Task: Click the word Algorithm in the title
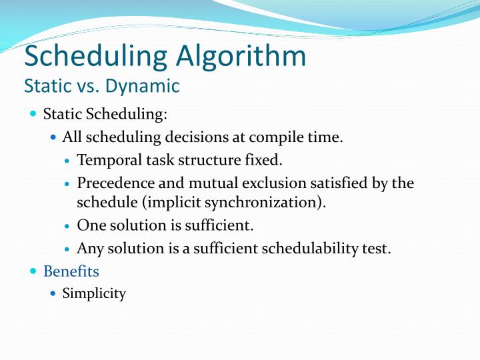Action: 241,57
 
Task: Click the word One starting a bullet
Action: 91,225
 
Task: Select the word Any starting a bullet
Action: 90,249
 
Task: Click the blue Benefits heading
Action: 71,271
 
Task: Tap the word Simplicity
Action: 94,293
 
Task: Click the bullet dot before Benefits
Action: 34,271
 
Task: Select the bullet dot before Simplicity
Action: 54,293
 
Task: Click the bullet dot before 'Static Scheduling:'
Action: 34,114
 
